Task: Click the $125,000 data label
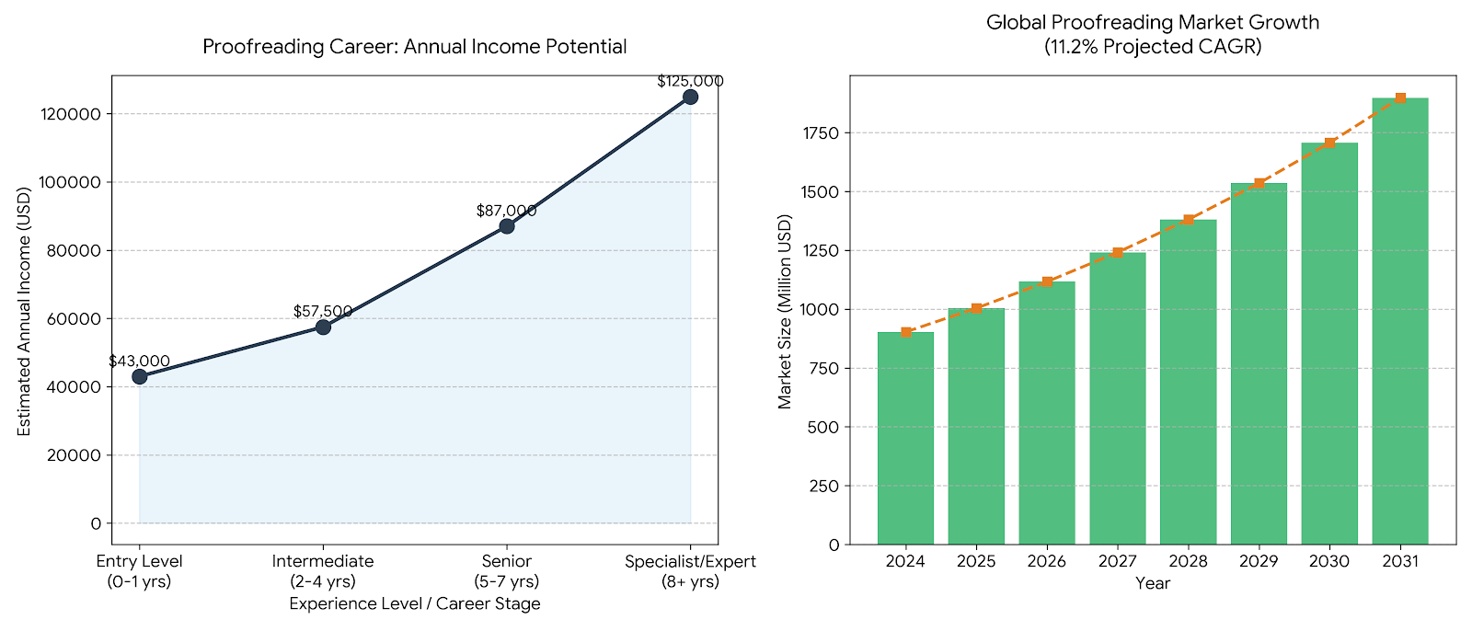click(x=690, y=81)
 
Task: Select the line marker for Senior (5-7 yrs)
click(x=507, y=225)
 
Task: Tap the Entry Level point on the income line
click(x=139, y=376)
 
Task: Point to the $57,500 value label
click(x=323, y=311)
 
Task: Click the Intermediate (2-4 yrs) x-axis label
click(x=323, y=571)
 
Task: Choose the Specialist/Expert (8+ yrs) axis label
click(x=690, y=571)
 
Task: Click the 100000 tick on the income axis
click(x=70, y=182)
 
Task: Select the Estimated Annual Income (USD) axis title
click(x=24, y=312)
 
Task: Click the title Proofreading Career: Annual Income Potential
click(x=415, y=47)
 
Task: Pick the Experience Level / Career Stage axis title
click(x=415, y=603)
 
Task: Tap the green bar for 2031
click(x=1399, y=321)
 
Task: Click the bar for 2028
click(x=1188, y=382)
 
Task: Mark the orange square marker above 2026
click(x=1047, y=281)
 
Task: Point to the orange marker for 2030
click(x=1329, y=143)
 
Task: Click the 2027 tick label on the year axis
click(x=1117, y=561)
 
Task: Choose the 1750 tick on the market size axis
click(x=821, y=133)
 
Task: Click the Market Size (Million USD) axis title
click(x=785, y=312)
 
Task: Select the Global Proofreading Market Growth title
click(x=1153, y=22)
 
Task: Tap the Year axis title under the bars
click(x=1153, y=583)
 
